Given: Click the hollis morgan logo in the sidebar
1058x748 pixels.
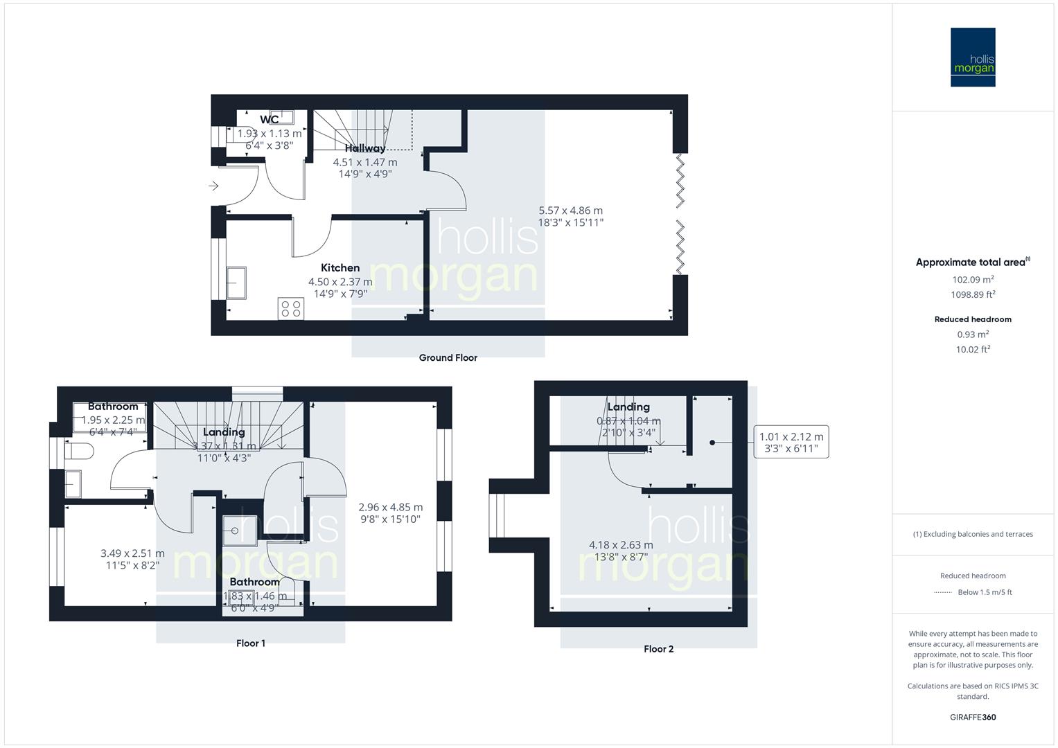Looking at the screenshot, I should [973, 57].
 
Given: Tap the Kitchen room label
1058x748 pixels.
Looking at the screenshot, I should [340, 268].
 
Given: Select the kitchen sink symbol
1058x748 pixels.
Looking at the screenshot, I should [237, 283].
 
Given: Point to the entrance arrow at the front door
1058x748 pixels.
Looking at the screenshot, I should [214, 186].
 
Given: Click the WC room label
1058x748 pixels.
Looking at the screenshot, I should [270, 120].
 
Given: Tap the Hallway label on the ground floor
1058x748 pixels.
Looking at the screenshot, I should [365, 148].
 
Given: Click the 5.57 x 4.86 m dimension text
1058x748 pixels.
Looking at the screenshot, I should [571, 211].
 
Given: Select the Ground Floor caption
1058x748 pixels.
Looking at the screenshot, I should [448, 358].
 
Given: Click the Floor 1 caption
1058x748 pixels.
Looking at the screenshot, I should [251, 643].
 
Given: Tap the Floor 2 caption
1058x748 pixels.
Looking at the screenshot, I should [658, 649].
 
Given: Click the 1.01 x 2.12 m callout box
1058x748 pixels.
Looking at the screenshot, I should [791, 442].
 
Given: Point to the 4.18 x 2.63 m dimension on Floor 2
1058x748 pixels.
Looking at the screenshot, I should [621, 545].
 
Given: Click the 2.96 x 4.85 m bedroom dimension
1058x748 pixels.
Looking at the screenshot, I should [390, 507].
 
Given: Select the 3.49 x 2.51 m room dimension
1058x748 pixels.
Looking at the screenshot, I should [132, 553].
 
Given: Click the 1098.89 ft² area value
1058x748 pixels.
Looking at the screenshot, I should [973, 294].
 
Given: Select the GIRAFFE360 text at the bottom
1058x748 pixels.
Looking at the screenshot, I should [973, 717].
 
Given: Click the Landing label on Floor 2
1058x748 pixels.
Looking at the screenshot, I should [628, 407].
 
